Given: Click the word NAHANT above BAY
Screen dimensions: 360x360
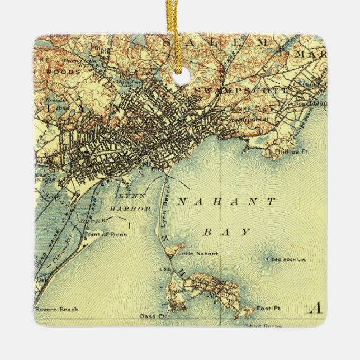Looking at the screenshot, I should [x=226, y=202].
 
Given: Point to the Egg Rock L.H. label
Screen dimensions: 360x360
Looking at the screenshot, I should [x=289, y=260].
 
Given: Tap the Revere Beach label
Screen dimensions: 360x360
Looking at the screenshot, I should [x=56, y=309].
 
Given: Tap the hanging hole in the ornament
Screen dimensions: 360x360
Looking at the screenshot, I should [x=179, y=78].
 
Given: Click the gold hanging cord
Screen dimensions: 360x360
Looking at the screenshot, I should [x=179, y=28].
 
